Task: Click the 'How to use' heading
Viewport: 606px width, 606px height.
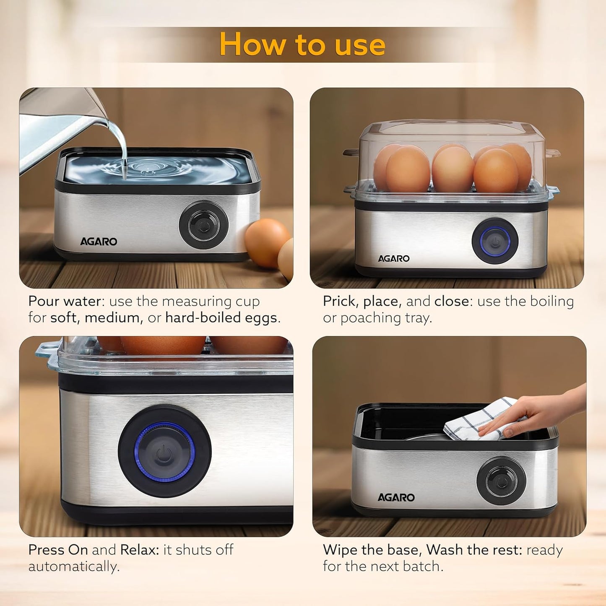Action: pyautogui.click(x=302, y=44)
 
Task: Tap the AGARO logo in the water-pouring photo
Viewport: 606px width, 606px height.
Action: pyautogui.click(x=99, y=242)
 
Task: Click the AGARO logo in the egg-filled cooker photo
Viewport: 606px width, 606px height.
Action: pyautogui.click(x=393, y=259)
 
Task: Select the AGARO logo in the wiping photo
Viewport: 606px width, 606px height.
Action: pyautogui.click(x=396, y=497)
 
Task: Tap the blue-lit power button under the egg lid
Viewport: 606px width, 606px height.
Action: pyautogui.click(x=495, y=241)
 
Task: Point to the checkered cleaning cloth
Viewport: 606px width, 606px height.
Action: pyautogui.click(x=478, y=419)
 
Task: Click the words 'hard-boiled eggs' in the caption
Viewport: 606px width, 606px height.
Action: pyautogui.click(x=221, y=318)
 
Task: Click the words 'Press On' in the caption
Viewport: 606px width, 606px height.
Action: pyautogui.click(x=58, y=550)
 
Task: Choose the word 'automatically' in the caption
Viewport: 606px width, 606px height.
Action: pyautogui.click(x=74, y=567)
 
